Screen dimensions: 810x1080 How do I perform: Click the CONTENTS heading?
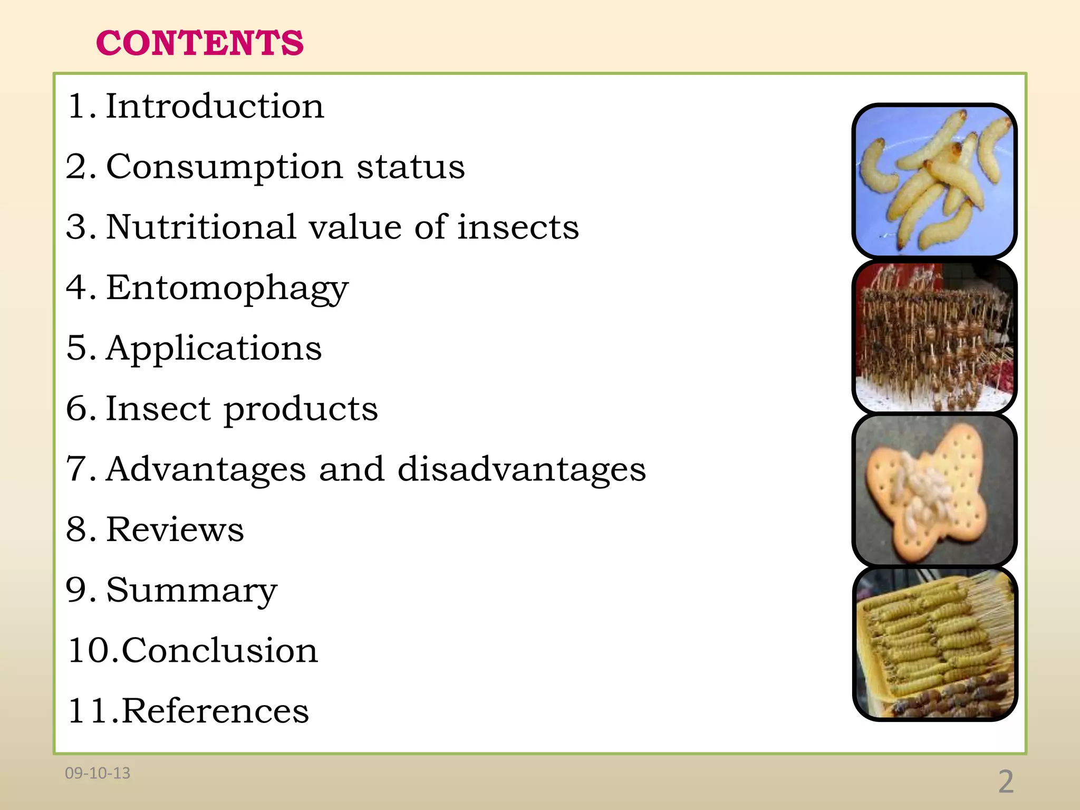pyautogui.click(x=200, y=43)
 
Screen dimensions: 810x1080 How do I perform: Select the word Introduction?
pyautogui.click(x=215, y=106)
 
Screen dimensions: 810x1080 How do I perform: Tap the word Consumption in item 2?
pyautogui.click(x=225, y=167)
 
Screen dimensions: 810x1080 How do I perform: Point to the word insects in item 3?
pyautogui.click(x=518, y=227)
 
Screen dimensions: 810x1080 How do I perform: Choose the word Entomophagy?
pyautogui.click(x=227, y=289)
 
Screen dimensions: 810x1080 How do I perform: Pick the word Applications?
pyautogui.click(x=214, y=349)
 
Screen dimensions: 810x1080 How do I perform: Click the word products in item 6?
pyautogui.click(x=301, y=410)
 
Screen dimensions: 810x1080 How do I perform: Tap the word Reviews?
pyautogui.click(x=175, y=529)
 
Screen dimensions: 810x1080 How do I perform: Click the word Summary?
pyautogui.click(x=191, y=591)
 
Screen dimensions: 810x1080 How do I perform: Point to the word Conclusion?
pyautogui.click(x=220, y=650)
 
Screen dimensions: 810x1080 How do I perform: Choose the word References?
pyautogui.click(x=215, y=711)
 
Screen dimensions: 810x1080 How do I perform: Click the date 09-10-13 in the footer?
pyautogui.click(x=98, y=773)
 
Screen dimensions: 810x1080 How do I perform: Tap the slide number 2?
pyautogui.click(x=1006, y=782)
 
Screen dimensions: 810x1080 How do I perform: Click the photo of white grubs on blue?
pyautogui.click(x=934, y=180)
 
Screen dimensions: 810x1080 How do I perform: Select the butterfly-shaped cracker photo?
pyautogui.click(x=934, y=490)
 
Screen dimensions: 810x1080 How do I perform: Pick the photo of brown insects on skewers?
pyautogui.click(x=934, y=336)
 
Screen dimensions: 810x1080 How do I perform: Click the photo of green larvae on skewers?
pyautogui.click(x=934, y=643)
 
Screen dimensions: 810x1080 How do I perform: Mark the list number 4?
pyautogui.click(x=77, y=288)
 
